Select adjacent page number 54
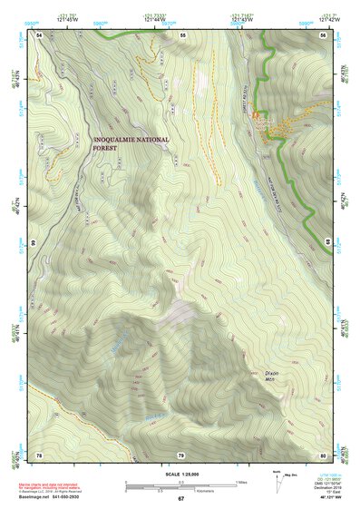point(39,34)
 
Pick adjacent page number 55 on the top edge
point(181,34)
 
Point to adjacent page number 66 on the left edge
point(33,243)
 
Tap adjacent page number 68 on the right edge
point(328,243)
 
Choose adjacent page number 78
point(39,454)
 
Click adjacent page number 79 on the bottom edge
point(181,454)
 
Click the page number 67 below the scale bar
point(180,499)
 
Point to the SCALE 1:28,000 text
point(180,473)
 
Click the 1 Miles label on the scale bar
point(240,481)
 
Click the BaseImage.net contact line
point(59,495)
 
